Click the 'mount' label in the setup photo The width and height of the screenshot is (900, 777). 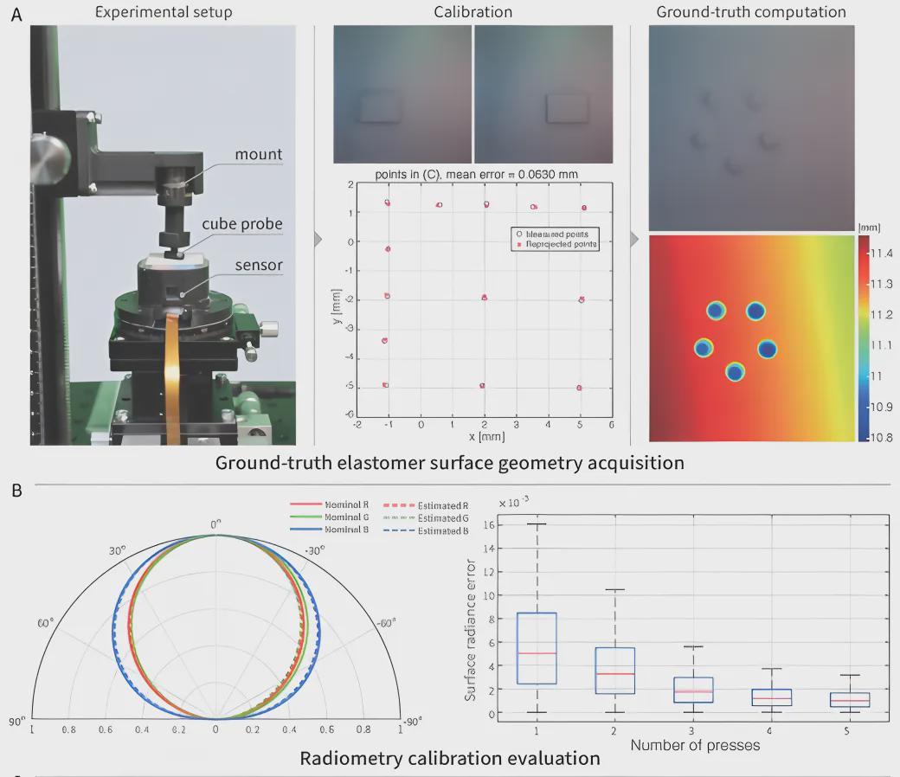(260, 155)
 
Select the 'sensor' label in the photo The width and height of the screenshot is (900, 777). (260, 265)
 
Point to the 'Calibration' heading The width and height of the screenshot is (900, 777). (472, 12)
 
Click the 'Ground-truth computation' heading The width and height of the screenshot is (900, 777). (751, 12)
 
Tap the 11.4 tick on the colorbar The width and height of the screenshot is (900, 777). (879, 253)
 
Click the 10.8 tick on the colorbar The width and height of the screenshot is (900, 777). (879, 437)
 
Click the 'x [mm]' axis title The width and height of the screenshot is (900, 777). (482, 437)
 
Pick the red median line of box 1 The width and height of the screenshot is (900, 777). (536, 653)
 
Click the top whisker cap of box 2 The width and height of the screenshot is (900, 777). (614, 590)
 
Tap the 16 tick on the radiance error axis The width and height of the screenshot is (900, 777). (489, 524)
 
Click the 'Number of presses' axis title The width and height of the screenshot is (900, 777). (694, 745)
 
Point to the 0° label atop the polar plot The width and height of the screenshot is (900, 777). (216, 523)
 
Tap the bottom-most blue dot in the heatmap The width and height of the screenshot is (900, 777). (735, 373)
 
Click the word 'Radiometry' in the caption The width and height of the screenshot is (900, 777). (357, 759)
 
